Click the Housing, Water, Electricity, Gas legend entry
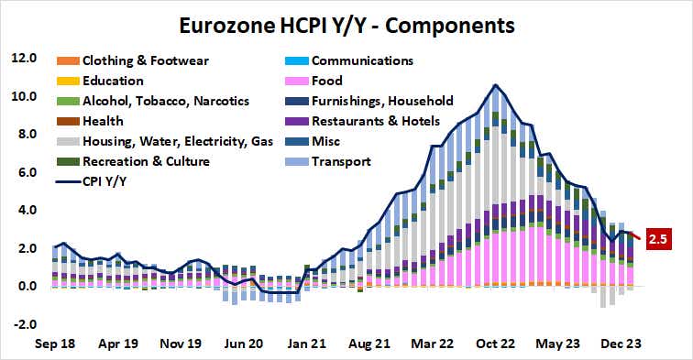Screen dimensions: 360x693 point(174,141)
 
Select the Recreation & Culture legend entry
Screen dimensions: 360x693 point(143,161)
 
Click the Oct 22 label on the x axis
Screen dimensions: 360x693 point(495,345)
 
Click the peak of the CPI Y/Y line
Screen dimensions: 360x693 point(495,85)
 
